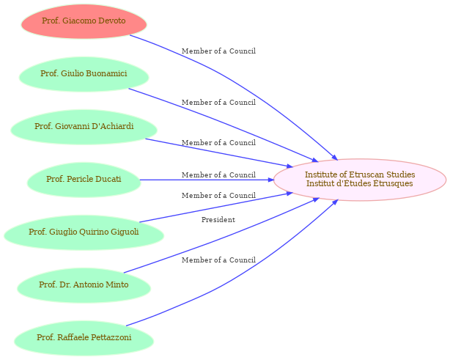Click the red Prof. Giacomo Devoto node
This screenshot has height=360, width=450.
pyautogui.click(x=84, y=21)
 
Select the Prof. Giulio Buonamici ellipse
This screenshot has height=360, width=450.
pyautogui.click(x=84, y=74)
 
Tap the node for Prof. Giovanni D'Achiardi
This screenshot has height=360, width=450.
pyautogui.click(x=84, y=127)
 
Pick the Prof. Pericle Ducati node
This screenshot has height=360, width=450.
pyautogui.click(x=84, y=180)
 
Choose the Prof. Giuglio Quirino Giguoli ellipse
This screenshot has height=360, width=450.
pyautogui.click(x=84, y=232)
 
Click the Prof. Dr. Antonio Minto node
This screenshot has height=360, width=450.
pyautogui.click(x=84, y=285)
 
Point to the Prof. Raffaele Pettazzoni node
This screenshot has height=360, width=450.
pyautogui.click(x=84, y=338)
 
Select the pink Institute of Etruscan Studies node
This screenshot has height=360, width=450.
pyautogui.click(x=360, y=180)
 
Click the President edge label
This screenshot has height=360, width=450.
pyautogui.click(x=218, y=220)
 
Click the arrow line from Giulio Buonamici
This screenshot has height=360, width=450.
pyautogui.click(x=224, y=124)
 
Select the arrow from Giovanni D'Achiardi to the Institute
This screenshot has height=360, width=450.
pyautogui.click(x=218, y=153)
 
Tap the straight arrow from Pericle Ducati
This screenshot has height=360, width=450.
pyautogui.click(x=207, y=180)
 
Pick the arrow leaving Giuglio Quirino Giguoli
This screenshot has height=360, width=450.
pyautogui.click(x=215, y=207)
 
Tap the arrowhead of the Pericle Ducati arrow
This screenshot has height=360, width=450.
pyautogui.click(x=271, y=180)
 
